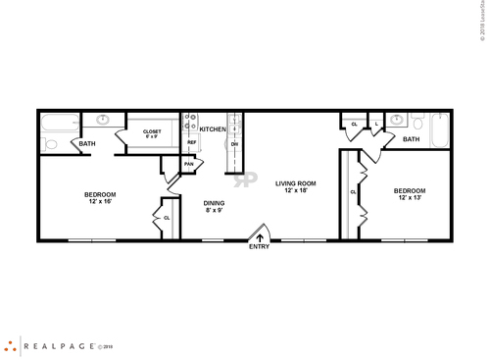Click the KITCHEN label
(x=214, y=129)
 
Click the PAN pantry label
(x=188, y=164)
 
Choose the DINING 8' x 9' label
(x=215, y=206)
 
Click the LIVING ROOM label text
(x=295, y=183)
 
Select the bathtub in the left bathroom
(x=60, y=125)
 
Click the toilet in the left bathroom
(x=51, y=144)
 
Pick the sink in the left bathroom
(x=103, y=122)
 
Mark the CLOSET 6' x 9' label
(x=152, y=134)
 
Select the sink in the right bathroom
(x=396, y=122)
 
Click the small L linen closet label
(x=375, y=125)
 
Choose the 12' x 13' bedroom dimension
(x=411, y=198)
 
